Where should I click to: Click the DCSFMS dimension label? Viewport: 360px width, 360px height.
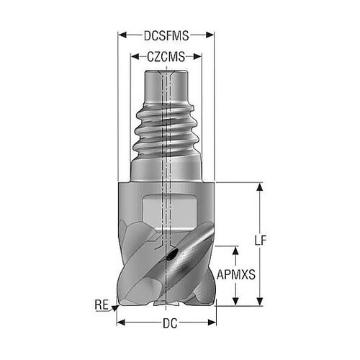pos(166,36)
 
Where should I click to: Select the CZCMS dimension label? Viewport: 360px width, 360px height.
pos(166,57)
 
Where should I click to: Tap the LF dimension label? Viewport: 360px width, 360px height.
pos(261,240)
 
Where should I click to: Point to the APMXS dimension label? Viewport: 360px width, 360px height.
pos(236,275)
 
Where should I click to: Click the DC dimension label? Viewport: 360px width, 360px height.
pos(170,323)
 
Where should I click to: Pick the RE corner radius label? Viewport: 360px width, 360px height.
pos(102,305)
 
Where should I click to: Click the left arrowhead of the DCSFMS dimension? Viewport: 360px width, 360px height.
pos(122,35)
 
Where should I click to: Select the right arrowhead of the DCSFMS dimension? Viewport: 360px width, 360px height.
pos(210,35)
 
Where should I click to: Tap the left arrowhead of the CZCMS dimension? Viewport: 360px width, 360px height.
pos(135,57)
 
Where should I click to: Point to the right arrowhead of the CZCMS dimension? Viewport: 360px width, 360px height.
pos(197,57)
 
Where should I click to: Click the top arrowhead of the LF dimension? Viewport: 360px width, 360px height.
pos(259,187)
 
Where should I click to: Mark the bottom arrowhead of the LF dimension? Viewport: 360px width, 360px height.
pos(259,302)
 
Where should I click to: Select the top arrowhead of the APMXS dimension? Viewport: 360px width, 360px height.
pos(235,251)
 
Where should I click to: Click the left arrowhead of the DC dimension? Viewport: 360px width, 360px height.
pos(121,323)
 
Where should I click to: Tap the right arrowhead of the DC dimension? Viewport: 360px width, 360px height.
pos(212,323)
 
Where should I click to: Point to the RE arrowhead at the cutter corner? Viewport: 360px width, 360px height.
pos(115,308)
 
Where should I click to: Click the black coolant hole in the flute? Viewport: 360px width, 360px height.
pos(172,255)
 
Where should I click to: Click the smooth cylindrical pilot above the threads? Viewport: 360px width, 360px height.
pos(166,87)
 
